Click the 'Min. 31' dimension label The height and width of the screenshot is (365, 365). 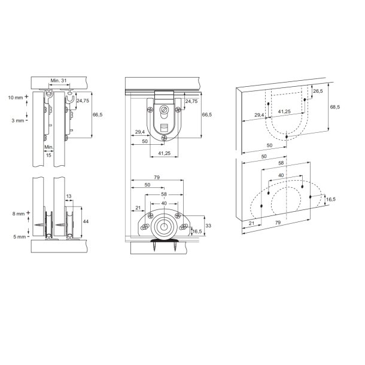[x=59, y=81]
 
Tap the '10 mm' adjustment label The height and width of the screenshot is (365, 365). [x=16, y=98]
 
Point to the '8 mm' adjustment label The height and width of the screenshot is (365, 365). [x=19, y=214]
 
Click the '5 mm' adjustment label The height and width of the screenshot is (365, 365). [x=20, y=237]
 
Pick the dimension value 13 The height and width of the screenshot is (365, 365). [x=69, y=196]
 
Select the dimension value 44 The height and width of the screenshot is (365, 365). [x=86, y=221]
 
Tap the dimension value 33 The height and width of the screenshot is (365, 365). [x=208, y=226]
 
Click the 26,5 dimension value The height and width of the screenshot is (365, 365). [x=318, y=91]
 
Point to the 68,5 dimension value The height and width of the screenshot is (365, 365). [x=335, y=107]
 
